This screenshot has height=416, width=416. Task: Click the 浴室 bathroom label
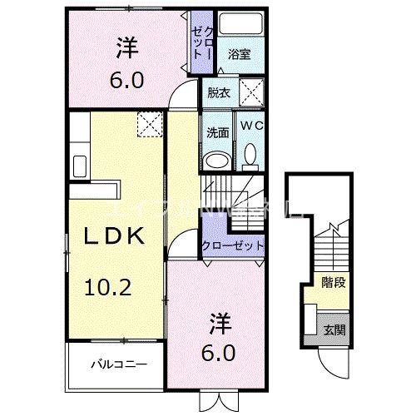coord(240,55)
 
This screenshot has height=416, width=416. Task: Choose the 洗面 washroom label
coord(218,131)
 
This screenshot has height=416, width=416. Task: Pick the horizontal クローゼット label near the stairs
coord(234,246)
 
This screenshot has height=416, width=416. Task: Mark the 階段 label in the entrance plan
coord(334,283)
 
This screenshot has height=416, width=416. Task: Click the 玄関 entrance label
coord(334,329)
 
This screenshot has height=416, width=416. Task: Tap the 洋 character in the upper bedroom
coord(126,48)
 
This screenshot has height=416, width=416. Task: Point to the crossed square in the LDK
coord(149,125)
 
